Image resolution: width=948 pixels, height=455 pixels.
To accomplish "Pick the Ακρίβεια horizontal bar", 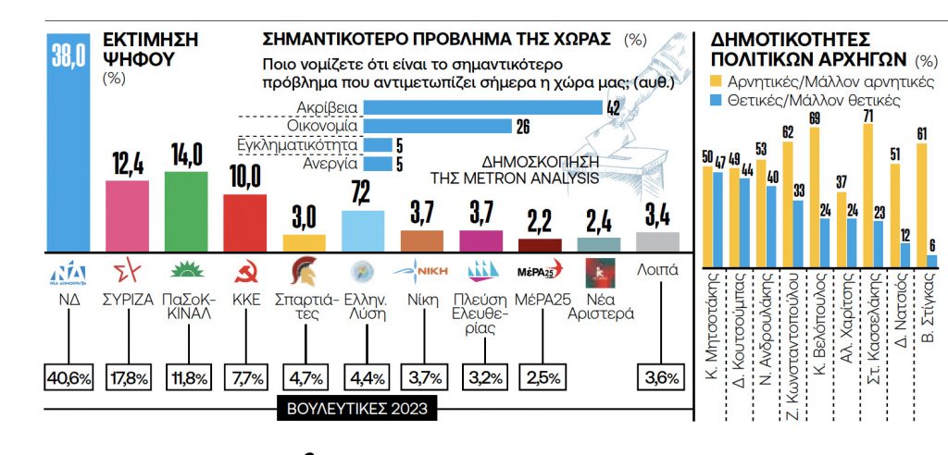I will pos(481,108).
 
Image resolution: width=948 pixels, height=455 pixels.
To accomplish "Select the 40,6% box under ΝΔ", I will pos(69,377).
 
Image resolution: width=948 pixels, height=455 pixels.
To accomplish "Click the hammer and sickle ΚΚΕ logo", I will pos(245,273).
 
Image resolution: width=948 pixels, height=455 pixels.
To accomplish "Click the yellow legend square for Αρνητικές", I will pos(714,82).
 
